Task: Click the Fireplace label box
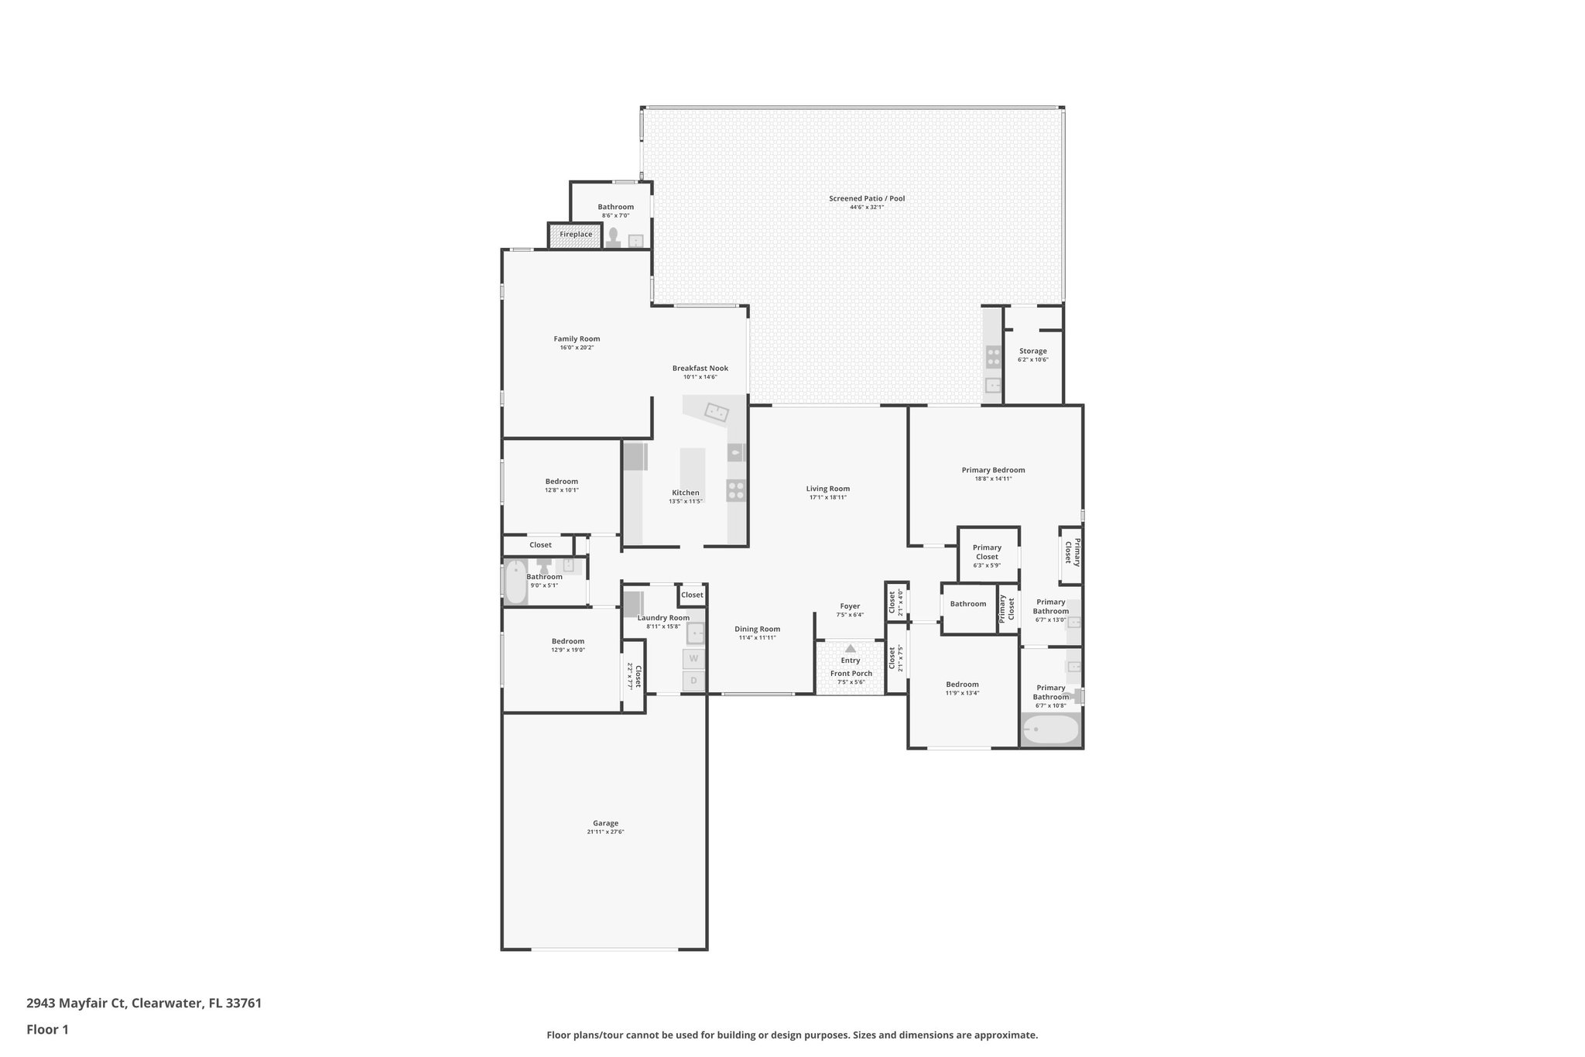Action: tap(575, 235)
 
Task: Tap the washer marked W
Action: tap(693, 659)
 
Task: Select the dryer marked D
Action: tap(693, 681)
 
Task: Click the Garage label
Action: tap(605, 823)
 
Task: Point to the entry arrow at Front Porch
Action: tap(851, 648)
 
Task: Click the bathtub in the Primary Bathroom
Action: tap(1050, 729)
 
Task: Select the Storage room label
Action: tap(1032, 351)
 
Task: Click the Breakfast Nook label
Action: tap(700, 369)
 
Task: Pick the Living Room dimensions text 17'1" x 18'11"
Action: tap(827, 497)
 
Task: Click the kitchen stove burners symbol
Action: tap(735, 490)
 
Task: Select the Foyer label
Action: tap(850, 606)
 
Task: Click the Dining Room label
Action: tap(757, 629)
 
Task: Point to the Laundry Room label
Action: tap(663, 617)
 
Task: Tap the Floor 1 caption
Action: tap(47, 1029)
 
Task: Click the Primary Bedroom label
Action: tap(993, 470)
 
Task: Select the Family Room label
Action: tap(577, 338)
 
